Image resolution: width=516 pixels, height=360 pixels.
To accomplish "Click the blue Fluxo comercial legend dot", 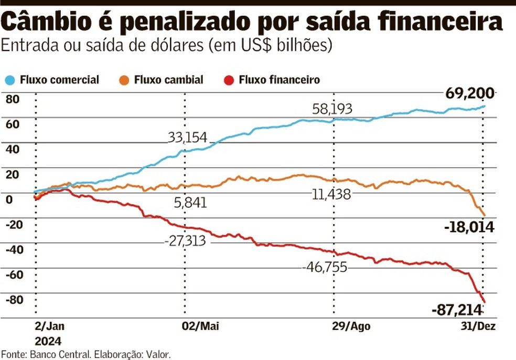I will pos(10,80).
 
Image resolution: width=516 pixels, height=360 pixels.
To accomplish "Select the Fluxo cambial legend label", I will pos(168,80).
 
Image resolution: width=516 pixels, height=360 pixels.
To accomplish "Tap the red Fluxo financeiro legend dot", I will pos(229,80).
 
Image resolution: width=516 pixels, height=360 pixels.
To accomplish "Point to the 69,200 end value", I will pos(469,94).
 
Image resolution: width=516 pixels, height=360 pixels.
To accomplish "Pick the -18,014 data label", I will pos(470,227).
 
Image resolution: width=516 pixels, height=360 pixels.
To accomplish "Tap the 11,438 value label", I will pos(331,195).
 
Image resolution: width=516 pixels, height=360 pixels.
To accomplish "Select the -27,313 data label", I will pos(184,241).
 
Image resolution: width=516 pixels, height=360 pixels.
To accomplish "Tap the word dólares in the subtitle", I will pos(176,46).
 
